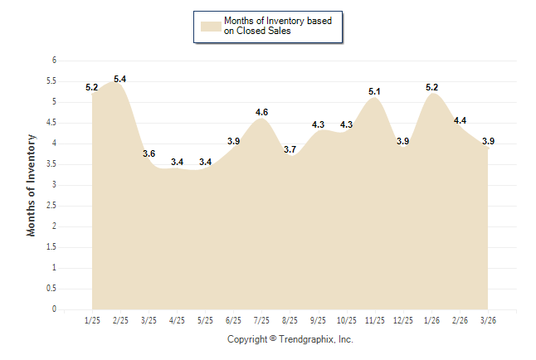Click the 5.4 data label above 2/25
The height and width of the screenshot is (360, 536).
(119, 79)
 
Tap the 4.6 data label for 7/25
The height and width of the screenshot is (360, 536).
(261, 112)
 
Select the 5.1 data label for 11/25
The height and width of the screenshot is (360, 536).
(374, 91)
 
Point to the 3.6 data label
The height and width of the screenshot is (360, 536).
(149, 153)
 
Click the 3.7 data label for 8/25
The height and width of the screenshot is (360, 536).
(290, 149)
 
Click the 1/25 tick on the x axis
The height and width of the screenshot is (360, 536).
(92, 320)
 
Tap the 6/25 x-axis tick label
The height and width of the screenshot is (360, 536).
(233, 320)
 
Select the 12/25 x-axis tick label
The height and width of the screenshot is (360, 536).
(402, 320)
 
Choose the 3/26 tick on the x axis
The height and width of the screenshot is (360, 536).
(487, 320)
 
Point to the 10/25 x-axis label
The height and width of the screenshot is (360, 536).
(346, 320)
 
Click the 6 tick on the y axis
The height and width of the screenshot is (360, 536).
(54, 61)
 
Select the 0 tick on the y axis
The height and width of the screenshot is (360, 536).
(54, 309)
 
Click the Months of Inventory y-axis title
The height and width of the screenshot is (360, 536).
(32, 185)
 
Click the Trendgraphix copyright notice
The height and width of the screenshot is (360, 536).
(290, 339)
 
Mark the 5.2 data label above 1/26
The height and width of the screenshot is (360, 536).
(431, 87)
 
